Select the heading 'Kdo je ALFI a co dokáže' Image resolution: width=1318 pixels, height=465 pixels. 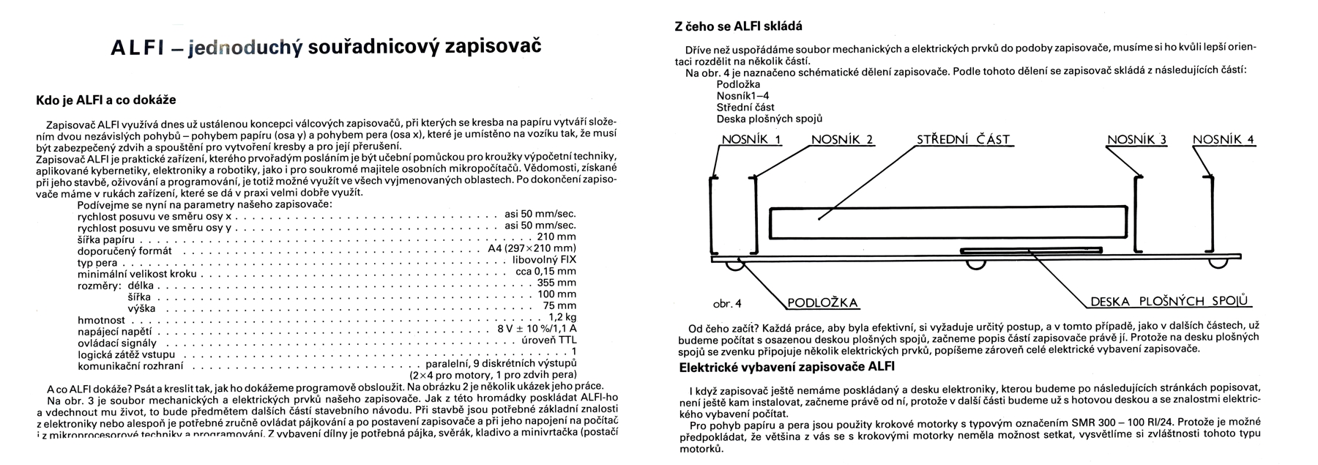(x=105, y=100)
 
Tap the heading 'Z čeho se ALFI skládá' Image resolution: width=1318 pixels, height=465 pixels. (x=738, y=26)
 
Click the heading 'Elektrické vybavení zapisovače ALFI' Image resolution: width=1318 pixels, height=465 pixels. (x=787, y=366)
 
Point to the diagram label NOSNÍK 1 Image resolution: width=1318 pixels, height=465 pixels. (x=751, y=140)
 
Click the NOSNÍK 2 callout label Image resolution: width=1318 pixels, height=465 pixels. (x=842, y=140)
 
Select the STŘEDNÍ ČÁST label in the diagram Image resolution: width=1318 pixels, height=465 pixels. (x=963, y=140)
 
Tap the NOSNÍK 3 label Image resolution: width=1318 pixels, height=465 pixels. (x=1136, y=140)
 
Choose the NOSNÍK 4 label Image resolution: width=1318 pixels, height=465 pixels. (x=1223, y=140)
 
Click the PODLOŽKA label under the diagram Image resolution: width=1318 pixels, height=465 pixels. (x=822, y=303)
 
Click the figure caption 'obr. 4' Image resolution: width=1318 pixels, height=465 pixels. (x=726, y=302)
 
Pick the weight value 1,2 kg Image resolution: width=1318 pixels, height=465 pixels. (x=562, y=318)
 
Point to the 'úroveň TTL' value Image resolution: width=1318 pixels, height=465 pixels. (x=548, y=341)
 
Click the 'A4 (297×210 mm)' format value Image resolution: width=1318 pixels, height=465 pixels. (x=532, y=249)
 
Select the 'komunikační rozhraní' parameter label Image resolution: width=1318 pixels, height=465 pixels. (x=130, y=365)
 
